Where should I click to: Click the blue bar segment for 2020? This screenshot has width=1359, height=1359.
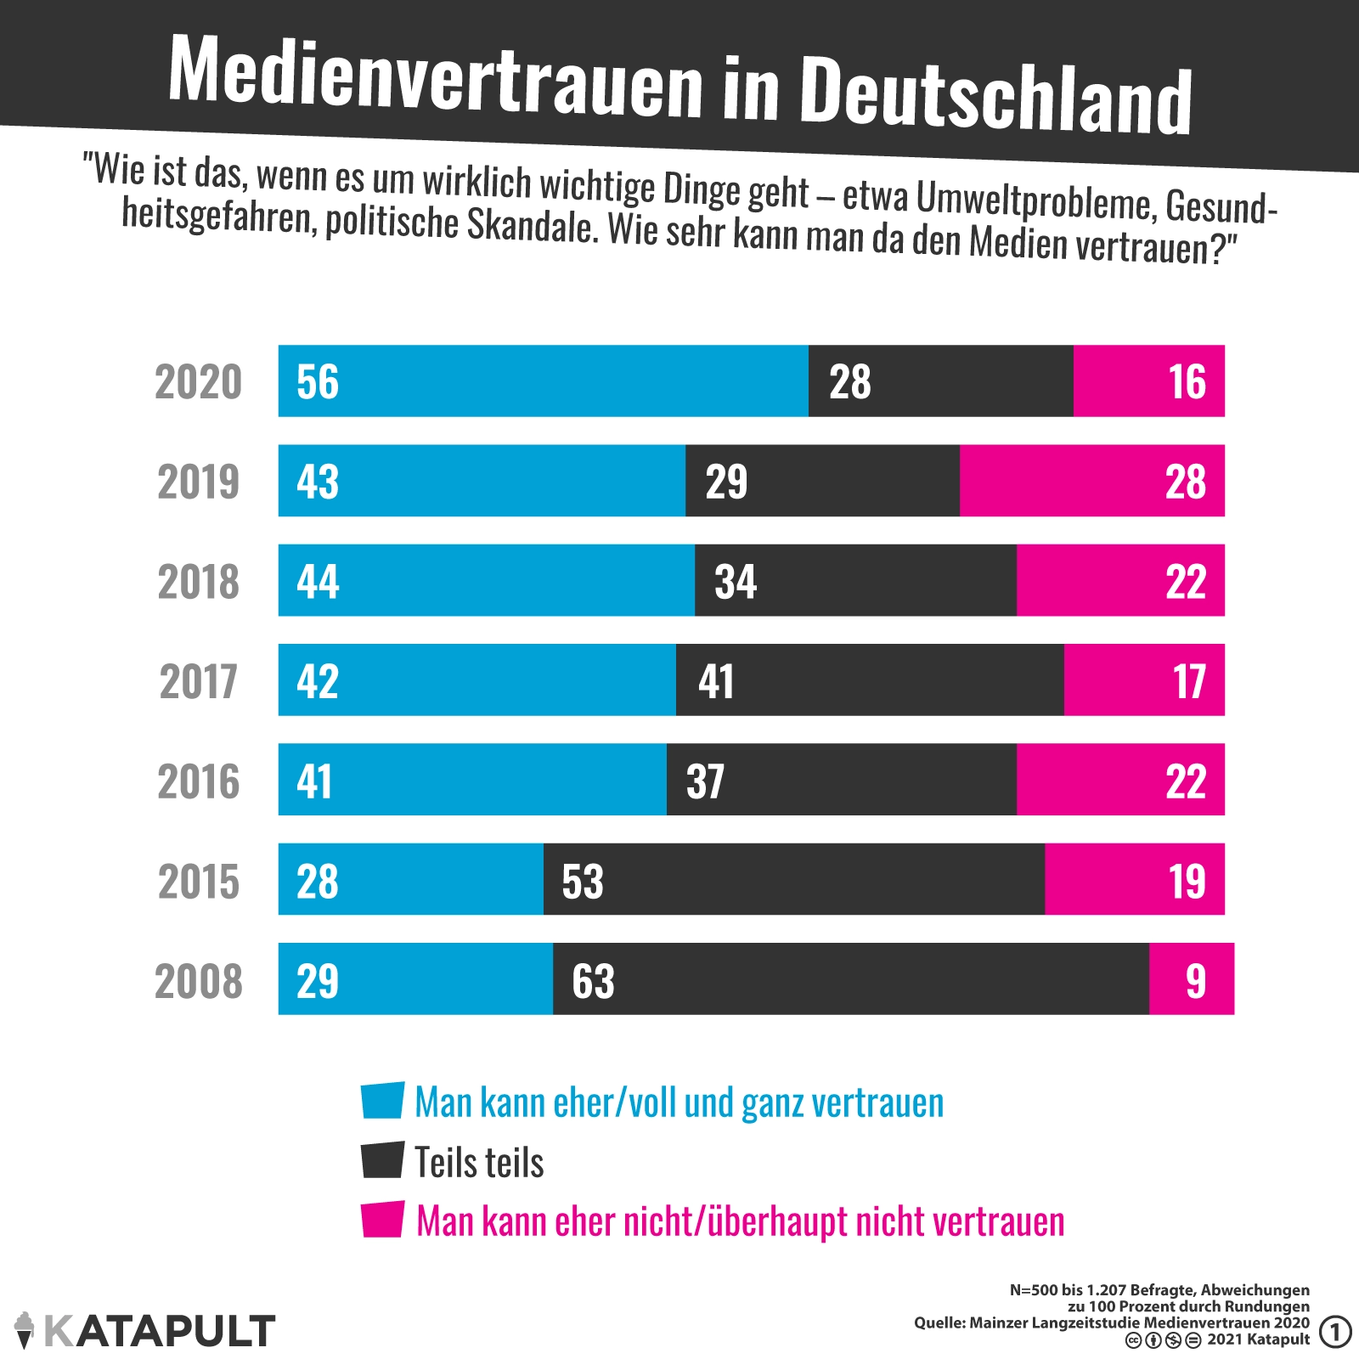coord(544,381)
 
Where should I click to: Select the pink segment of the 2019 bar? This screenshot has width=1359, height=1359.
coord(1092,481)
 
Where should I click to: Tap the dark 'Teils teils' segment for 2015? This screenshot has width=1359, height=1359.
coord(794,880)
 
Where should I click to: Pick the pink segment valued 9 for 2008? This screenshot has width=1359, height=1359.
coord(1192,979)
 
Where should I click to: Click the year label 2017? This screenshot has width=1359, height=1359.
coord(199,681)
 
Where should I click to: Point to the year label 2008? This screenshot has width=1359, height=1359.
coord(199,981)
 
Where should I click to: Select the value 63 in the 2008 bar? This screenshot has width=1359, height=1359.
coord(593,981)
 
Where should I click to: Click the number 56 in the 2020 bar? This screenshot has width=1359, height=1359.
coord(318,382)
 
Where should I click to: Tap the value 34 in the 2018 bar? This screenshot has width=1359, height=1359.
coord(736,582)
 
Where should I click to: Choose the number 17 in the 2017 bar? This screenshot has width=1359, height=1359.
coord(1189,681)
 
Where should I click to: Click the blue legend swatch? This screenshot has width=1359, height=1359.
coord(382,1101)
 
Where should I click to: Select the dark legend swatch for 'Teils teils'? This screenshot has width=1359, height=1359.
coord(382,1160)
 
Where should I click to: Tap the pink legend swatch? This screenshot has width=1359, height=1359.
coord(382,1220)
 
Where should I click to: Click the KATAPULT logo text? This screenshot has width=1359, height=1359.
coord(160,1331)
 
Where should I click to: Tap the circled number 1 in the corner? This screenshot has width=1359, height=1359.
coord(1335,1332)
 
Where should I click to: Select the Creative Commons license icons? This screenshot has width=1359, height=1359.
coord(1163,1341)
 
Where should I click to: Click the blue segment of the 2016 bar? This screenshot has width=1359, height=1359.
coord(472,781)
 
